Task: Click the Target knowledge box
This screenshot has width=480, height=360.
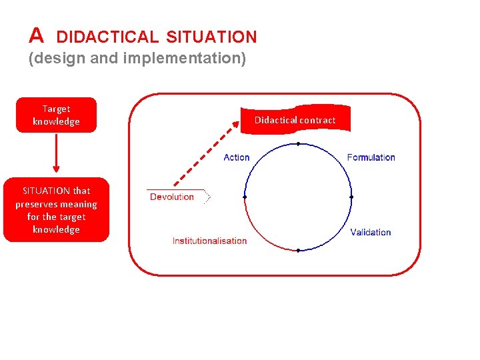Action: pos(56,115)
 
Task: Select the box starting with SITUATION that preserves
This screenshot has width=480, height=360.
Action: pos(56,210)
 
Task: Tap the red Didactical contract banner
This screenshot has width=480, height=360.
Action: pos(295,120)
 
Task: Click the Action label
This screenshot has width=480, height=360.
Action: pos(236,157)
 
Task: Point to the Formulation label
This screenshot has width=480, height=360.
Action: pos(371,157)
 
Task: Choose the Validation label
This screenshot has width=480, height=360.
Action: pos(370,232)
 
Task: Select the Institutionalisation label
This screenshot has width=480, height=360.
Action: pos(209,241)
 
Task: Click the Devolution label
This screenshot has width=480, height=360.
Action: pos(172,197)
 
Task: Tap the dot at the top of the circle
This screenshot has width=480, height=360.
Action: pos(298,144)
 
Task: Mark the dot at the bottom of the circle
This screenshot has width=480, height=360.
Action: pos(298,251)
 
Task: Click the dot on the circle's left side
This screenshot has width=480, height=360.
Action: pos(245,197)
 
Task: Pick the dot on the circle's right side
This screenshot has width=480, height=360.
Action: pos(351,197)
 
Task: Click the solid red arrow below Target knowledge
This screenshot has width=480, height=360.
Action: pos(56,153)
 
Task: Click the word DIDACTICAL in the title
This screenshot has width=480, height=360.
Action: pos(107,37)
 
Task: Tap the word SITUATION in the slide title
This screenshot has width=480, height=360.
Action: pos(211,37)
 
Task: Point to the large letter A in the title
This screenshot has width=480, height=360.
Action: pos(37,35)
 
